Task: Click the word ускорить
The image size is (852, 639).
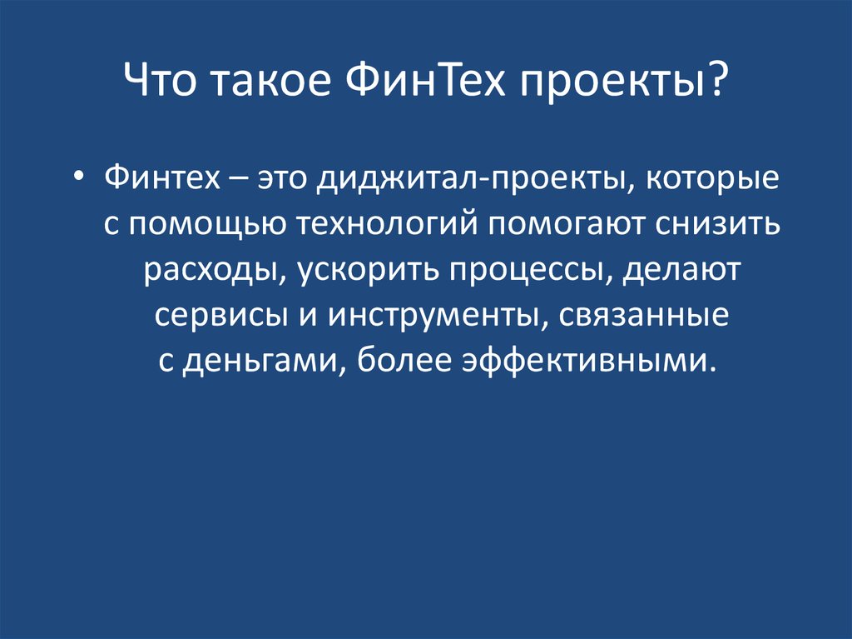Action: (366, 271)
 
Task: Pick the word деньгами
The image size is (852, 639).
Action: (255, 362)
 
